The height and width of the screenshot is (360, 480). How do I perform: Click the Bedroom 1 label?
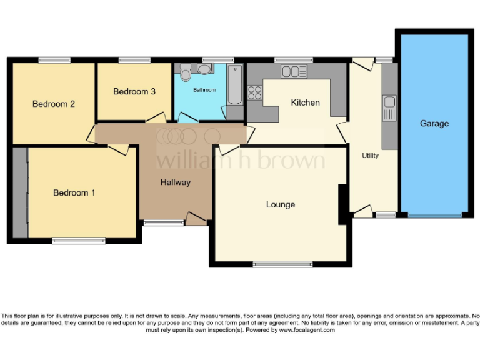[74, 193]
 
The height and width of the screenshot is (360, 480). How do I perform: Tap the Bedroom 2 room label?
[54, 104]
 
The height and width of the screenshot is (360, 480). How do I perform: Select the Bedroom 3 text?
[134, 92]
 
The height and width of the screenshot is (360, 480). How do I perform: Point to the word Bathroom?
[204, 90]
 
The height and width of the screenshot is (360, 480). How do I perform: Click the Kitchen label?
[305, 102]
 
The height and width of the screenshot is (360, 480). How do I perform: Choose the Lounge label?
[280, 204]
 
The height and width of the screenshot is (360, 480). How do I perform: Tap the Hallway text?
[175, 182]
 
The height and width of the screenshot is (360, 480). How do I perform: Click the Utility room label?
[370, 156]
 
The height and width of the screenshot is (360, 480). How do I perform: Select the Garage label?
[434, 124]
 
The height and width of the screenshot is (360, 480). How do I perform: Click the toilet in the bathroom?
[186, 74]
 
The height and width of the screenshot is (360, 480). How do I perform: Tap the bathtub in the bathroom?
[235, 84]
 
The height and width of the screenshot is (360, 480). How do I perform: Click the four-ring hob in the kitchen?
[255, 92]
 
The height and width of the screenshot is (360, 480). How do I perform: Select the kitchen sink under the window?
[294, 71]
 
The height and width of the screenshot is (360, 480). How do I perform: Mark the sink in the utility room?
[389, 107]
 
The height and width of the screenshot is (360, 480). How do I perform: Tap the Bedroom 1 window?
[78, 241]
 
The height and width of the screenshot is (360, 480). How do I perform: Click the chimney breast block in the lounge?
[342, 204]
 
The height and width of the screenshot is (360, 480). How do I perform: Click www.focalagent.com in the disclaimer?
[307, 330]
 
